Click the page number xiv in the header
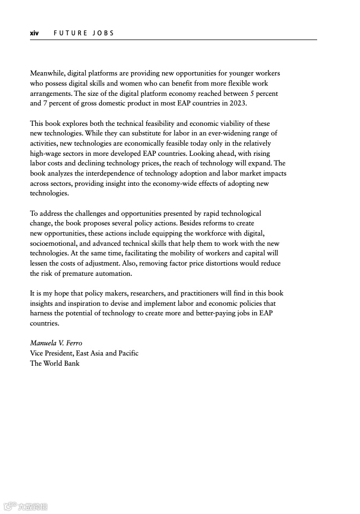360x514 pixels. coord(34,33)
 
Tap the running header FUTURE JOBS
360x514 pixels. coord(84,33)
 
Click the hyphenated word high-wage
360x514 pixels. coord(47,154)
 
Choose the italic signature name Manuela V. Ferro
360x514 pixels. coord(56,343)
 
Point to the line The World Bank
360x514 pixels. coord(55,364)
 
